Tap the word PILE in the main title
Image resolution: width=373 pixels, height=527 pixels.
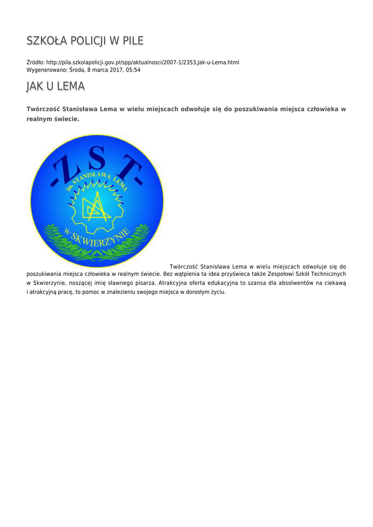pos(133,41)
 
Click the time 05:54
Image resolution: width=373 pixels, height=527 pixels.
pos(133,70)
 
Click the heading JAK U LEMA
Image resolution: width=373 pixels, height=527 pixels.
pos(56,87)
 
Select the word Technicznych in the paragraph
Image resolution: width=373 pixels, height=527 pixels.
pos(326,274)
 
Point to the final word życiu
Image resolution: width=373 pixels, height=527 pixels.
pos(218,292)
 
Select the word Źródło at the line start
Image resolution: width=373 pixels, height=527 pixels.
pos(35,62)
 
